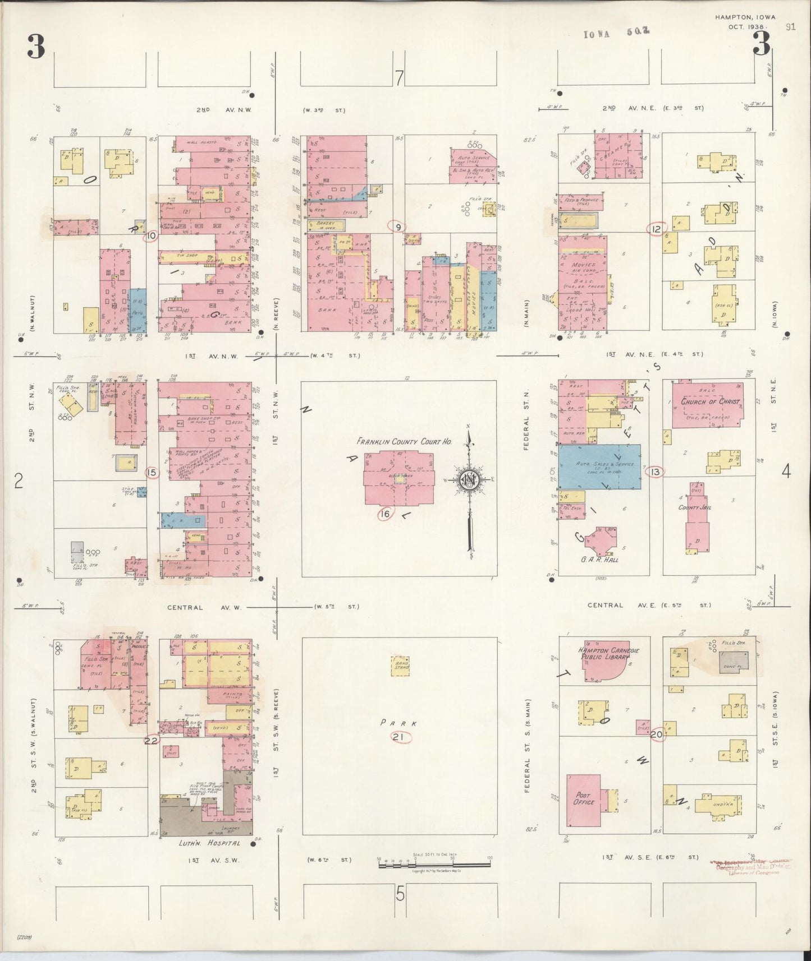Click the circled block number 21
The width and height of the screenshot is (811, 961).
coord(400,738)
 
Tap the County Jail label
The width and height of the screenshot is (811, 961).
coord(693,507)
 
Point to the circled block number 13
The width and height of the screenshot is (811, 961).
coord(656,472)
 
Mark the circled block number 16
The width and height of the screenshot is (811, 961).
coord(385,514)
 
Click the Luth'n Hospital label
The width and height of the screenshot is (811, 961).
coord(200,843)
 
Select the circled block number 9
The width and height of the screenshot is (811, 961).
coord(397,227)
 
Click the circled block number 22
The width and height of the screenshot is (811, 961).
coord(150,740)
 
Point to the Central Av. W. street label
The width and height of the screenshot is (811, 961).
coord(204,607)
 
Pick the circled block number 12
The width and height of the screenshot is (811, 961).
coord(656,229)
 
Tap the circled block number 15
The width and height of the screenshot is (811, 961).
coord(151,473)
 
